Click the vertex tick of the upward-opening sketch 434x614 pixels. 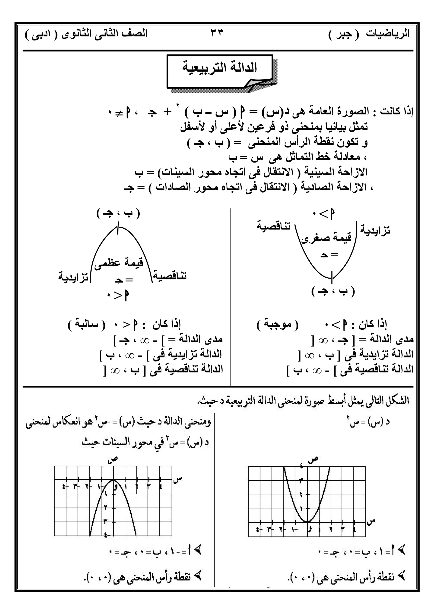point(332,276)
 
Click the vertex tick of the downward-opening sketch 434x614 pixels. point(117,230)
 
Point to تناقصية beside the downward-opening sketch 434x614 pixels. point(169,275)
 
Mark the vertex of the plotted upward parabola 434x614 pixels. point(307,522)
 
